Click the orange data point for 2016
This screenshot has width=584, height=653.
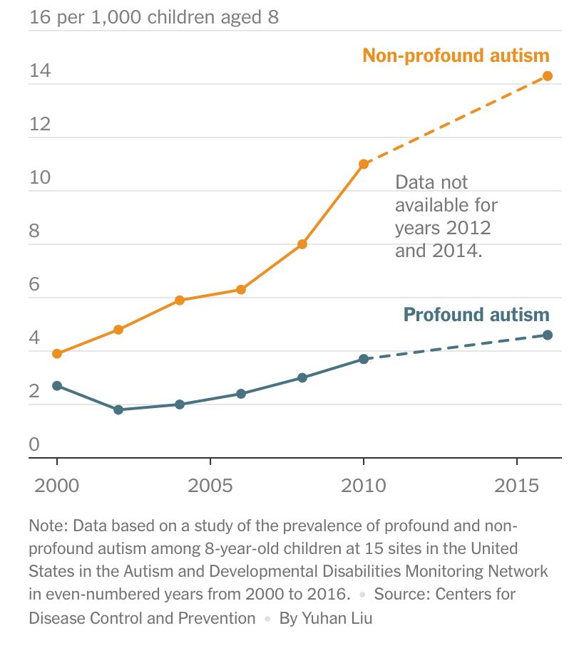click(x=548, y=76)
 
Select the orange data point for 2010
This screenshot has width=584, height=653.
click(x=364, y=164)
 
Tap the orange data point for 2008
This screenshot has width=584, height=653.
click(x=302, y=244)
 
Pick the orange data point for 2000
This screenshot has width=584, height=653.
click(x=57, y=354)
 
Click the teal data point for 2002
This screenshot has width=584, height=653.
click(x=118, y=409)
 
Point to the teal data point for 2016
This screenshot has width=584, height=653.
click(x=548, y=335)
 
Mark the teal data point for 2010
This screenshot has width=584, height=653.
click(x=364, y=359)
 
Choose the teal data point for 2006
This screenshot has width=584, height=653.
click(x=241, y=394)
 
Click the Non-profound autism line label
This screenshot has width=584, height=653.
click(x=456, y=56)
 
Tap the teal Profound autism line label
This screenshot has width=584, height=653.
click(x=476, y=314)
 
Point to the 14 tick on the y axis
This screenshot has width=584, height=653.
click(x=40, y=72)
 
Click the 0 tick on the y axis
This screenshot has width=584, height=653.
click(x=34, y=445)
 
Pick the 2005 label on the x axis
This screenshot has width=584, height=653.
click(x=210, y=486)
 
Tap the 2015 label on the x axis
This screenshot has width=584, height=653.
click(x=517, y=486)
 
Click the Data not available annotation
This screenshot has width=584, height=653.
click(x=446, y=216)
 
